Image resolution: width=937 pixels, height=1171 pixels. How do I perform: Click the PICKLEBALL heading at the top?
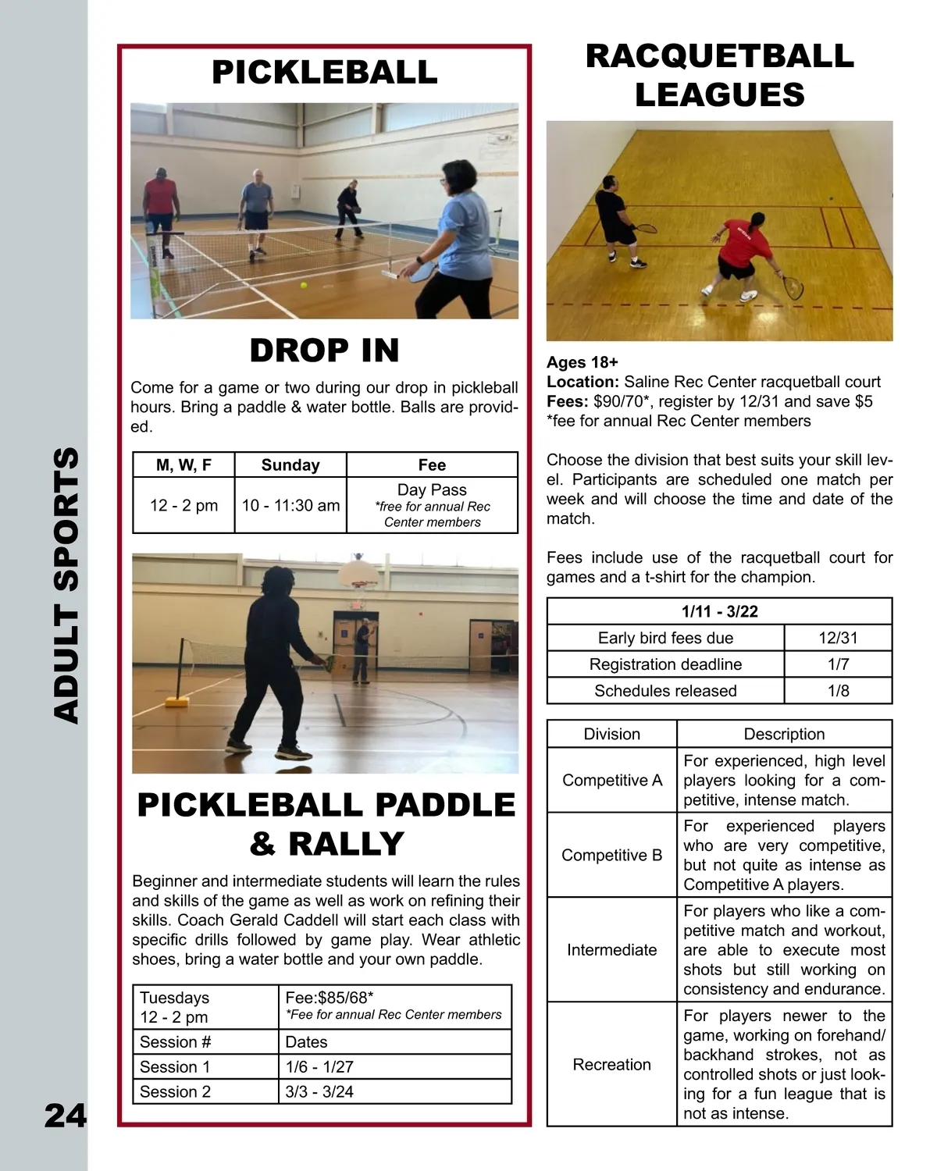[324, 73]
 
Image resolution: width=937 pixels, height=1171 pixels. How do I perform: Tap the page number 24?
[65, 1116]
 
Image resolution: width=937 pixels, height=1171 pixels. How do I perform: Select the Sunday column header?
[290, 465]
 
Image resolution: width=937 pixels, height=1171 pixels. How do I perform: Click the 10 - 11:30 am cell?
[290, 505]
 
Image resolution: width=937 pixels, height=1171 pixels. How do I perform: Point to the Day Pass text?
[432, 489]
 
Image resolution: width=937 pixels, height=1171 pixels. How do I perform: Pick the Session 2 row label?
[175, 1091]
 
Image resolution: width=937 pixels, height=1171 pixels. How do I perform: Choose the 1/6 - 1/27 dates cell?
[319, 1066]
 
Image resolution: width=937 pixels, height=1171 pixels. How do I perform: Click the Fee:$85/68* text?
[330, 997]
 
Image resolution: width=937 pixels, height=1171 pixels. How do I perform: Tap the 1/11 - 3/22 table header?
[719, 611]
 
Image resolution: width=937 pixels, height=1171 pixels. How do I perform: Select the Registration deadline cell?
[665, 664]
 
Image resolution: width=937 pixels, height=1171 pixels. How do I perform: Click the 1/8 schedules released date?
[838, 691]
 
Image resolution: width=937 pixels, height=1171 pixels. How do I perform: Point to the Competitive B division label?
[611, 855]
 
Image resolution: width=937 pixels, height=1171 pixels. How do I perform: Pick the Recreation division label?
[611, 1064]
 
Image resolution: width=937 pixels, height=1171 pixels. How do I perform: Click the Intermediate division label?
[611, 949]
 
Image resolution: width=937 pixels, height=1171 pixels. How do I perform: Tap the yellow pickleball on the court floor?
[304, 286]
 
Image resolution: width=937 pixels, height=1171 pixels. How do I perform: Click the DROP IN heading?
[324, 351]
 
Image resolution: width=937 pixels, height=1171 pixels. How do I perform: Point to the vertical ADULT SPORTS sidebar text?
[66, 585]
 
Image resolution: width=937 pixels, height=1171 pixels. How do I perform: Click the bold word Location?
[583, 382]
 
